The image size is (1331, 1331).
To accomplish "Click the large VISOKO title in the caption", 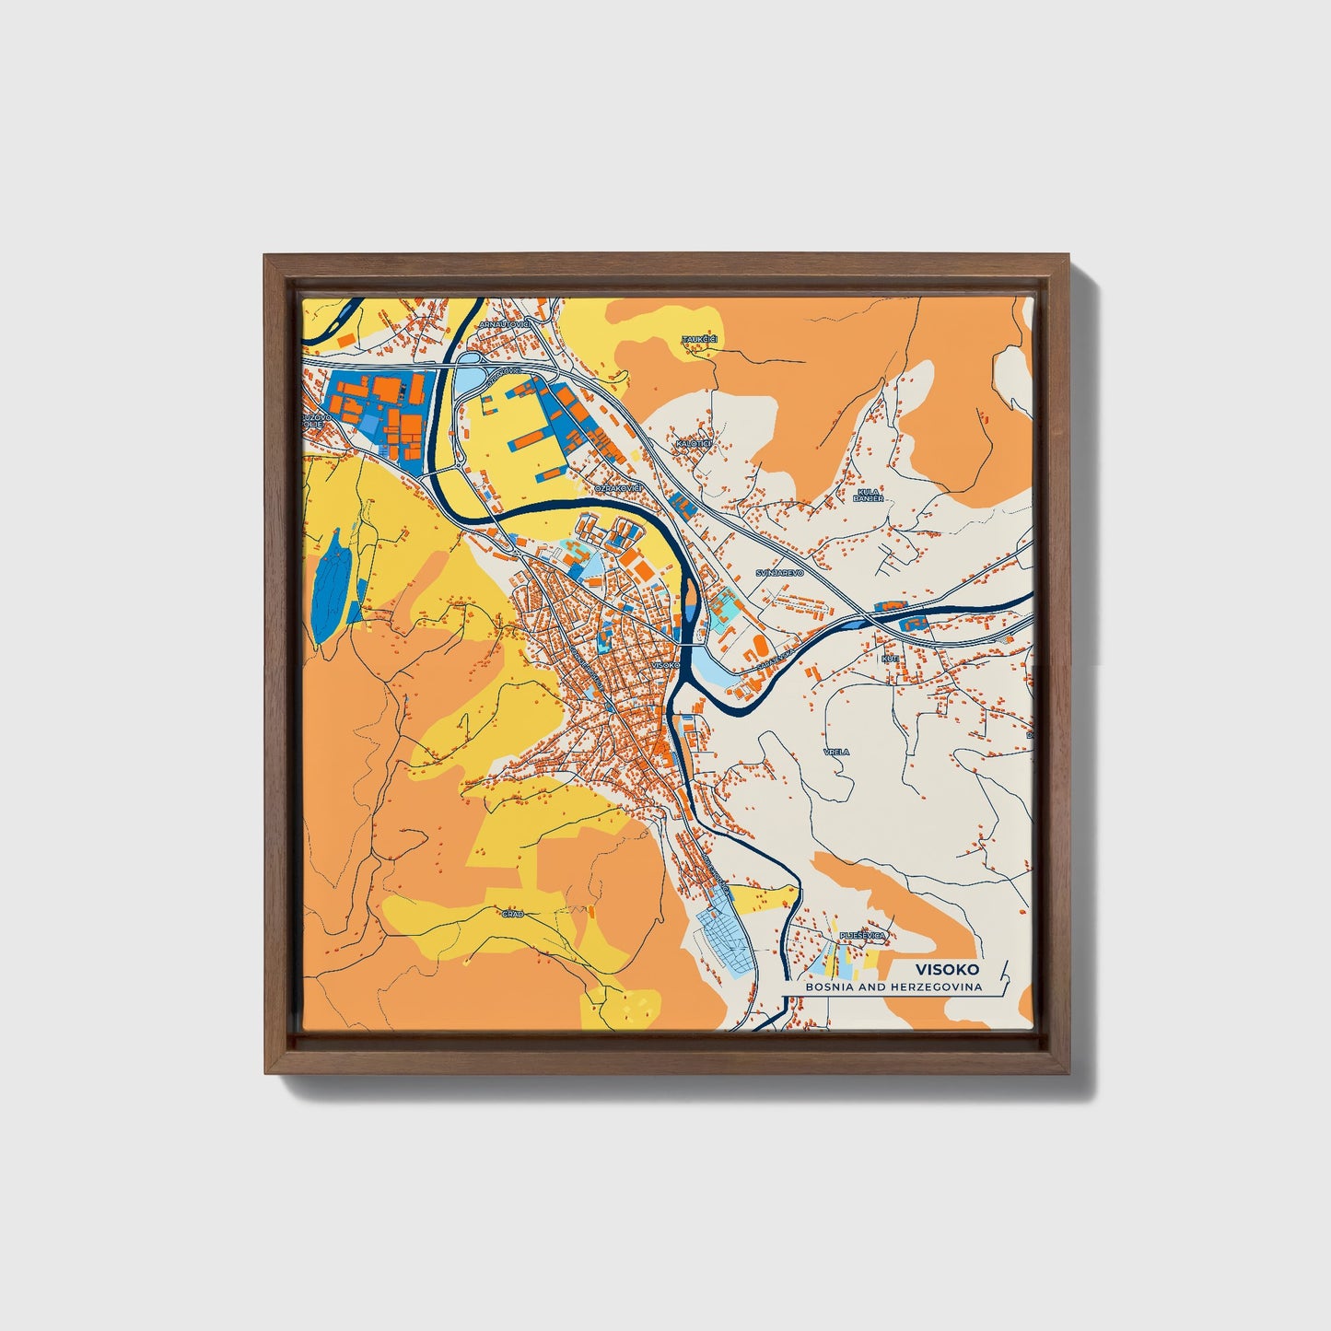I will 947,969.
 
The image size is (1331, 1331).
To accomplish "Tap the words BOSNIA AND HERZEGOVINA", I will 893,987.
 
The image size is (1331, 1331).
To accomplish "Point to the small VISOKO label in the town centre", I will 664,664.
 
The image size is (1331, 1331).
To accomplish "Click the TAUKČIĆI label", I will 698,340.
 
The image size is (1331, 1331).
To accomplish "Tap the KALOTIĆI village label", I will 694,444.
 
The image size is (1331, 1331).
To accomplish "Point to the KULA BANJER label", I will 870,496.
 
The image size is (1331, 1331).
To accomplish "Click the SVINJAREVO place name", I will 779,572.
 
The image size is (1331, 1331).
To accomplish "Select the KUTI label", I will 890,659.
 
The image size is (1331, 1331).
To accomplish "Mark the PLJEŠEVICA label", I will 862,936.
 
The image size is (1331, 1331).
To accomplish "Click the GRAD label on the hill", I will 513,914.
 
